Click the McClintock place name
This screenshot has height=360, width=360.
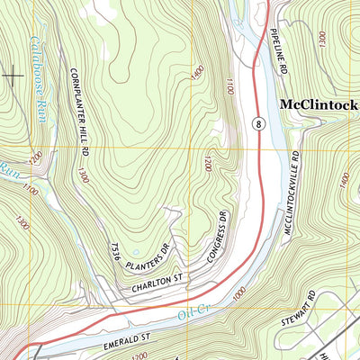319,103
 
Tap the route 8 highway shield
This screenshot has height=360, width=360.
258,123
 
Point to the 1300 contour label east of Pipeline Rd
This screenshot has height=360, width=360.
321,37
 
